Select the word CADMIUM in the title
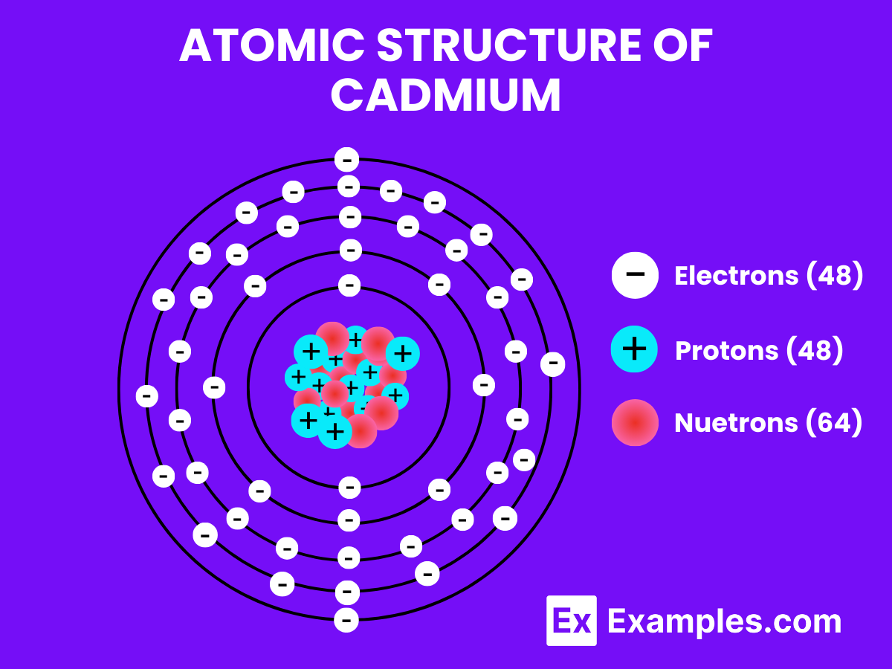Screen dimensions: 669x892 446,96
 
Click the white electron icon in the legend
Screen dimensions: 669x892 635,275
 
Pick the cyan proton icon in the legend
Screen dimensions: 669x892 635,349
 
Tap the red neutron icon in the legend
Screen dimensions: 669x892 635,422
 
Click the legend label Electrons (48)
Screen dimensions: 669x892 769,276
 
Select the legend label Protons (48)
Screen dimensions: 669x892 759,349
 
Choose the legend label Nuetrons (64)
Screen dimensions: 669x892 769,423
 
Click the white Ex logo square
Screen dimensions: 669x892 572,621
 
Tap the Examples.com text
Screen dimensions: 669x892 724,621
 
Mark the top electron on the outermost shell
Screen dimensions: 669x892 346,160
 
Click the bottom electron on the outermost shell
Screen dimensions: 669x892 346,620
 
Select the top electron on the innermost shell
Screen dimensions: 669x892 349,285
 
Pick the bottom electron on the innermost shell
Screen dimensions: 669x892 349,488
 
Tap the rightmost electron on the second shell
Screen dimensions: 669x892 484,385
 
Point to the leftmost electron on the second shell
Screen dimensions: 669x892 214,387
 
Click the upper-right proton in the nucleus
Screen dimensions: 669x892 402,353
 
